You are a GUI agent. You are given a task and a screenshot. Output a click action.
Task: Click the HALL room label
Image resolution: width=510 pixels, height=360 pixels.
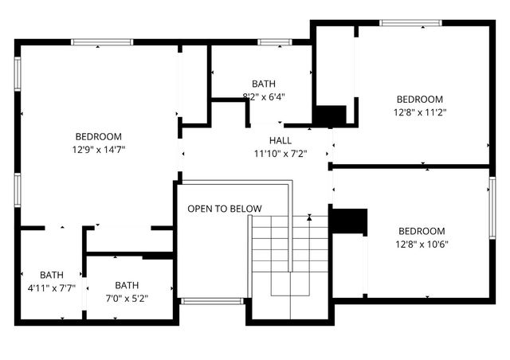click(269, 140)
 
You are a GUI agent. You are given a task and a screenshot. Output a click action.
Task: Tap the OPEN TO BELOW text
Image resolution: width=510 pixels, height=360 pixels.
click(225, 209)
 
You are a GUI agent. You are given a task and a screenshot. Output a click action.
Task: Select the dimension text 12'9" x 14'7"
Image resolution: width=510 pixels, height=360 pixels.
click(99, 149)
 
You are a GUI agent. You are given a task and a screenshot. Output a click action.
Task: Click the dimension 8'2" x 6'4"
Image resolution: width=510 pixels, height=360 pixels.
click(264, 96)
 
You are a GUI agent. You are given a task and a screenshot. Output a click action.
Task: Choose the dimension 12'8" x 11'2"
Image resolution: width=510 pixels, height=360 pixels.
click(420, 112)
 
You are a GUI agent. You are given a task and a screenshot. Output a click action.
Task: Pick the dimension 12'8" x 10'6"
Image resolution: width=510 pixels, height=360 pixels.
click(422, 245)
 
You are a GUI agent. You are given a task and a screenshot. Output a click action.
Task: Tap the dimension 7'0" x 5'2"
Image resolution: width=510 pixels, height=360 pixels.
click(127, 299)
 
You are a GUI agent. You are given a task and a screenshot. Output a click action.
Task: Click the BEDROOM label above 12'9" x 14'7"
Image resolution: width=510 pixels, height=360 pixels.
click(99, 136)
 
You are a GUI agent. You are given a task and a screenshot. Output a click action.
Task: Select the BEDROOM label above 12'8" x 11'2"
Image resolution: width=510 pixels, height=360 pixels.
click(420, 100)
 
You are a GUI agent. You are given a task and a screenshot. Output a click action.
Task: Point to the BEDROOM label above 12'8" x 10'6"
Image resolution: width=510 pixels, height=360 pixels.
click(422, 232)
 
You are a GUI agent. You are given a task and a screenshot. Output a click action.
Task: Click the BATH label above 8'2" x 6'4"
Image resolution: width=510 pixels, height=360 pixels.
click(264, 84)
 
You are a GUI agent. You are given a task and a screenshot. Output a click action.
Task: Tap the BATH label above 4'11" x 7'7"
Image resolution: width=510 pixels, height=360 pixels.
click(52, 275)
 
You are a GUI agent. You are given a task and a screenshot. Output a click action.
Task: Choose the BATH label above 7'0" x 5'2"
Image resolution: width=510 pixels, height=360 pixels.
click(127, 285)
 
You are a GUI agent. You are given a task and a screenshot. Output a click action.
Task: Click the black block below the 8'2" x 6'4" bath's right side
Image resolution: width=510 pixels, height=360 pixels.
click(329, 115)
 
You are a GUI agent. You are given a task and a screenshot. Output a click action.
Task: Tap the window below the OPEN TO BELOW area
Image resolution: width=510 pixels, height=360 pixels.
click(211, 301)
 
